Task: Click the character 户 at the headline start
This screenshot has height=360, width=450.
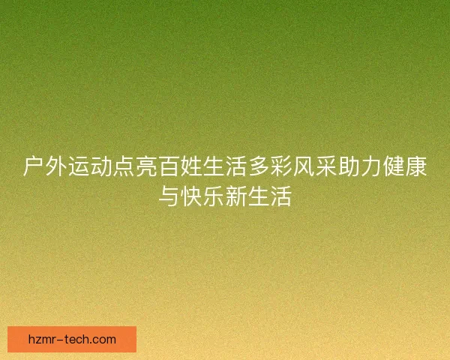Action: tap(34, 167)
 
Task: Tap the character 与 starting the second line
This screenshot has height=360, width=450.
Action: tap(169, 197)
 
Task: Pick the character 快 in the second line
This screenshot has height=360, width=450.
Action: tap(191, 197)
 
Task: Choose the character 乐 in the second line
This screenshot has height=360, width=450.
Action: tap(214, 197)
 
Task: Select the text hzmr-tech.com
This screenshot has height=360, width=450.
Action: tap(72, 339)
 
